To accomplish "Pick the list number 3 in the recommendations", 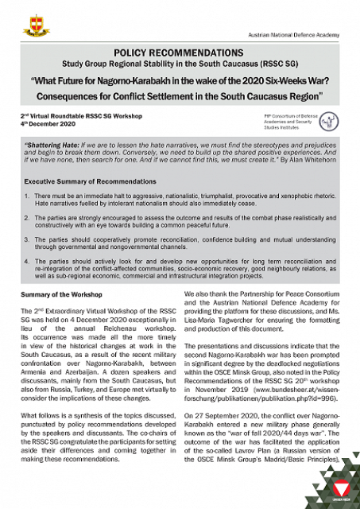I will (x=26, y=236).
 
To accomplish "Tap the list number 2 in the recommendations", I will (x=26, y=216).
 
